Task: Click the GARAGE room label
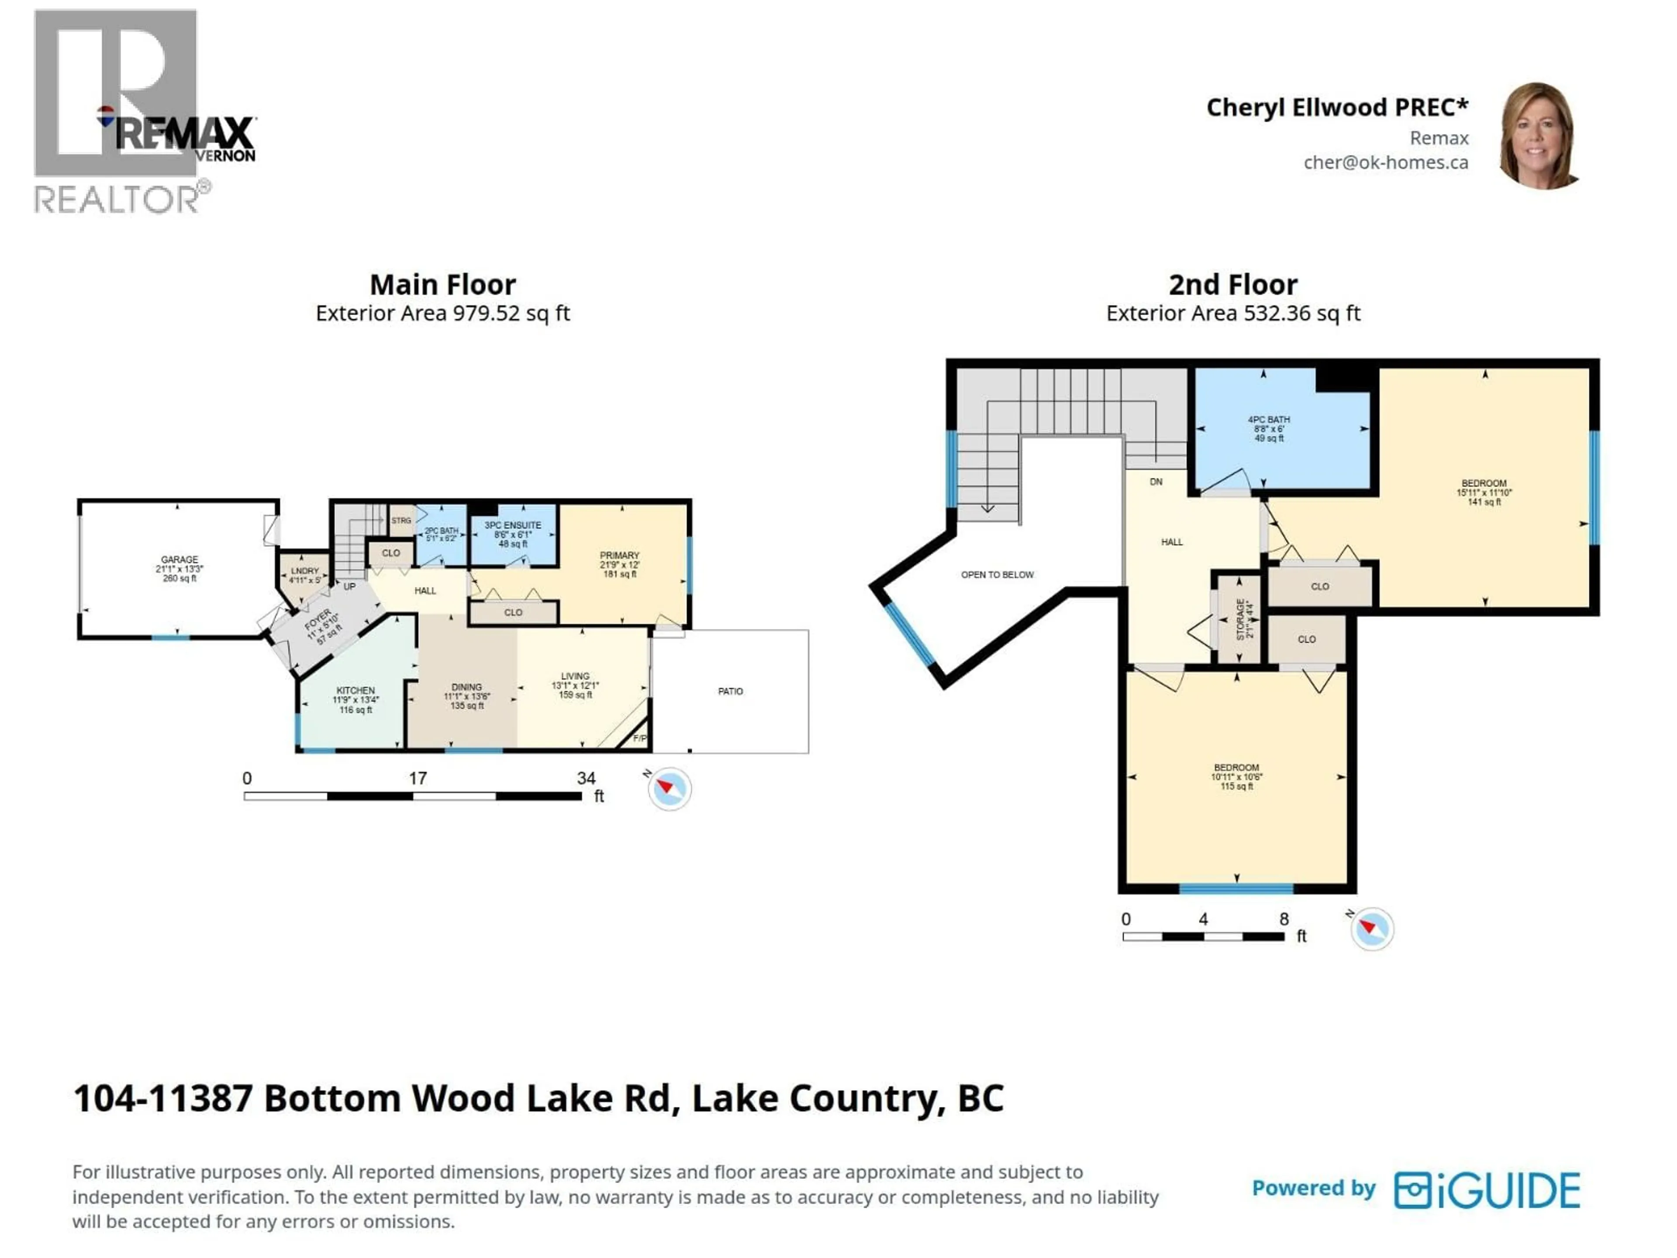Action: [x=179, y=560]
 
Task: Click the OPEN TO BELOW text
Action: [x=997, y=575]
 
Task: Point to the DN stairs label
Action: [x=1156, y=481]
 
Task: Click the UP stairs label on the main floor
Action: [x=349, y=586]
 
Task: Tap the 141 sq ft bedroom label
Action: [x=1484, y=492]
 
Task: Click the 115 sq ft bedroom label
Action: [x=1236, y=777]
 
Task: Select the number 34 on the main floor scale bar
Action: [x=586, y=778]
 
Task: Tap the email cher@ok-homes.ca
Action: [x=1385, y=162]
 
